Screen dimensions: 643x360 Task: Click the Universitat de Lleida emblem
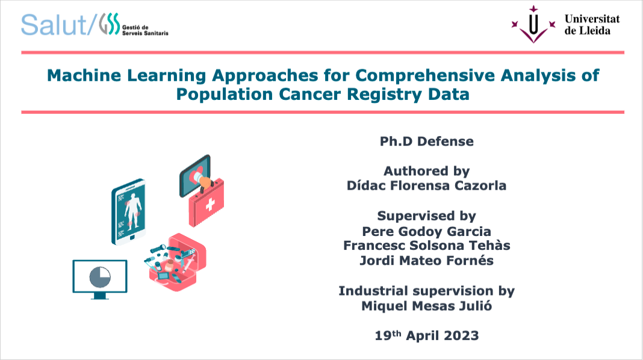[x=533, y=25]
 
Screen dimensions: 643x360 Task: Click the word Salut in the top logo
[x=54, y=25]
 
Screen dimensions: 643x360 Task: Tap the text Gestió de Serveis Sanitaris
[x=145, y=30]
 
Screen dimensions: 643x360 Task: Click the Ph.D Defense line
[x=426, y=141]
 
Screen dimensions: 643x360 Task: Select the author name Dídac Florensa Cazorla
[x=426, y=186]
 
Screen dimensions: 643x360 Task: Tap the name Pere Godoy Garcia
[x=426, y=232]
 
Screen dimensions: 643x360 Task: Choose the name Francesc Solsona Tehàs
[x=426, y=246]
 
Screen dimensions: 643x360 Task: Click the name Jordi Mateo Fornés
[x=426, y=261]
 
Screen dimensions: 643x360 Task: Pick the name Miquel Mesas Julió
[x=426, y=306]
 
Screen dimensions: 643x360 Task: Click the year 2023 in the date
[x=461, y=336]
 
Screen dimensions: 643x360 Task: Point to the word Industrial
[x=374, y=291]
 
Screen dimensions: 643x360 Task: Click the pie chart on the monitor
[x=100, y=277]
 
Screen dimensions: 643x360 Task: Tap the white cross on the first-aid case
[x=210, y=204]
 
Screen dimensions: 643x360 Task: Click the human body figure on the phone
[x=132, y=208]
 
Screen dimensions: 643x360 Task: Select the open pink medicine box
[x=176, y=262]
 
